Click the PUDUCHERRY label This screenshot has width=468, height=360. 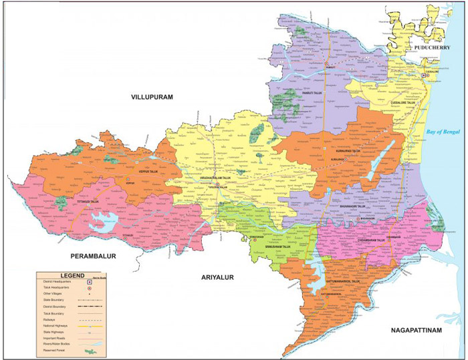(x=435, y=49)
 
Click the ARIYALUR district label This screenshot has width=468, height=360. (x=215, y=277)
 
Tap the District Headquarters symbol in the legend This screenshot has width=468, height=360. (x=90, y=283)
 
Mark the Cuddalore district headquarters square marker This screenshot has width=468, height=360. (x=423, y=76)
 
